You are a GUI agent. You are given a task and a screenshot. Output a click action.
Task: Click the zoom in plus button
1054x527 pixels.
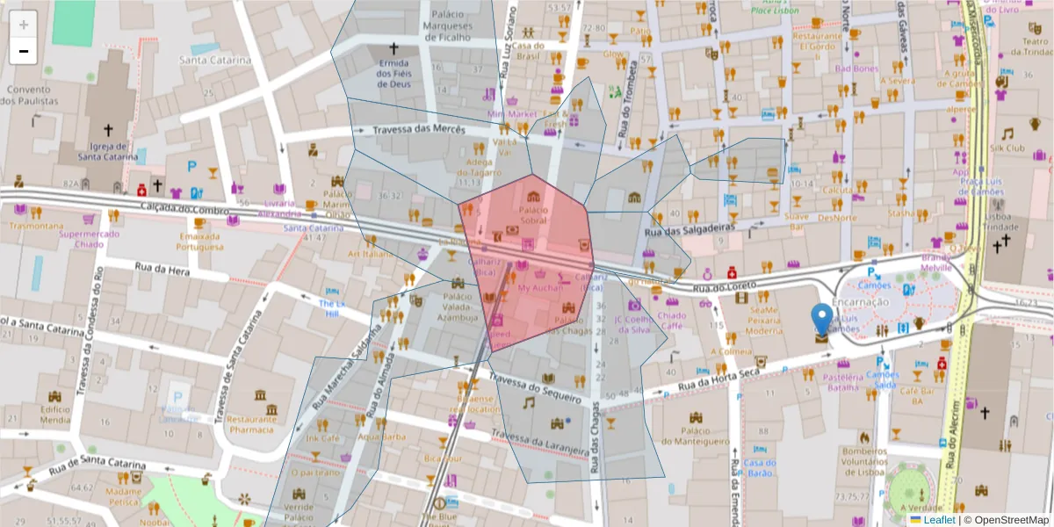[24, 25]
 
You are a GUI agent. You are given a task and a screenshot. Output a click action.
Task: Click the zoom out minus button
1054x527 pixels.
[24, 51]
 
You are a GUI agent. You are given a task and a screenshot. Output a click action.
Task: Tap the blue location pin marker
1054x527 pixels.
[821, 321]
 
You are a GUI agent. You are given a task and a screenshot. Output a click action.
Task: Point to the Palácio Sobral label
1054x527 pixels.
[533, 215]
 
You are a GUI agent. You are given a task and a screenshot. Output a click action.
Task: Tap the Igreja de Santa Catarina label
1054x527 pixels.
[107, 151]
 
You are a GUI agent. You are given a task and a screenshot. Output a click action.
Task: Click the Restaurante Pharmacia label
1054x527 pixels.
[252, 424]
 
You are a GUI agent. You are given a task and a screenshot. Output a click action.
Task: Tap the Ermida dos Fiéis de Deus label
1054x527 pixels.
[393, 74]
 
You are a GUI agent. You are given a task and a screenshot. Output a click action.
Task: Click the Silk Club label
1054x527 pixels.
[1007, 148]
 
